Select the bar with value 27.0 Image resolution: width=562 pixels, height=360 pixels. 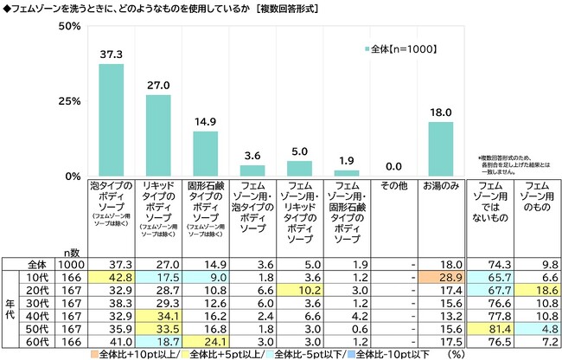click(160, 136)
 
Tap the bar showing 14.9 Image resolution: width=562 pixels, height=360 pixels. click(207, 154)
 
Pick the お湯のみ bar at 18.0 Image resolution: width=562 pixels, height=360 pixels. click(441, 149)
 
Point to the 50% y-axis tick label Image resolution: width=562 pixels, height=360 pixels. click(69, 27)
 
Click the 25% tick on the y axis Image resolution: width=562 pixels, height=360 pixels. click(69, 101)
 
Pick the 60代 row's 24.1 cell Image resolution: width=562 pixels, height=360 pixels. click(207, 343)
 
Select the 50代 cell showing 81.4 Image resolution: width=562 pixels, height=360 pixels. click(489, 329)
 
